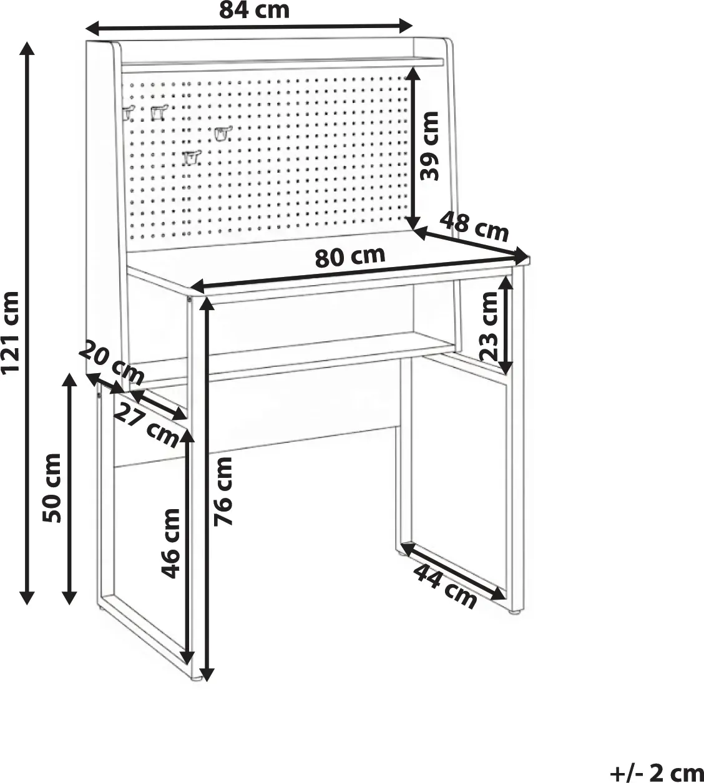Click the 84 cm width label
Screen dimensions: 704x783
(x=254, y=10)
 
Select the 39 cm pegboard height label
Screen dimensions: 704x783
(x=429, y=146)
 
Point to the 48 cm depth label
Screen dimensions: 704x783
(x=474, y=226)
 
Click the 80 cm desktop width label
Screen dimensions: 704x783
(x=350, y=256)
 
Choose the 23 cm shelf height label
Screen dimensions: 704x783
(x=489, y=327)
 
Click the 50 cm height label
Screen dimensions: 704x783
(x=52, y=488)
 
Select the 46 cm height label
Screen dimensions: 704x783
(x=170, y=543)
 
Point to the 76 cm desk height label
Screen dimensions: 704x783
(x=223, y=492)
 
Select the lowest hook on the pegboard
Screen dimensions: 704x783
(x=190, y=157)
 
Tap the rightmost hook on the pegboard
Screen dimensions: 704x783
(x=223, y=133)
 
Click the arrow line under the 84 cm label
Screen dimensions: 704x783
(x=249, y=27)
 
